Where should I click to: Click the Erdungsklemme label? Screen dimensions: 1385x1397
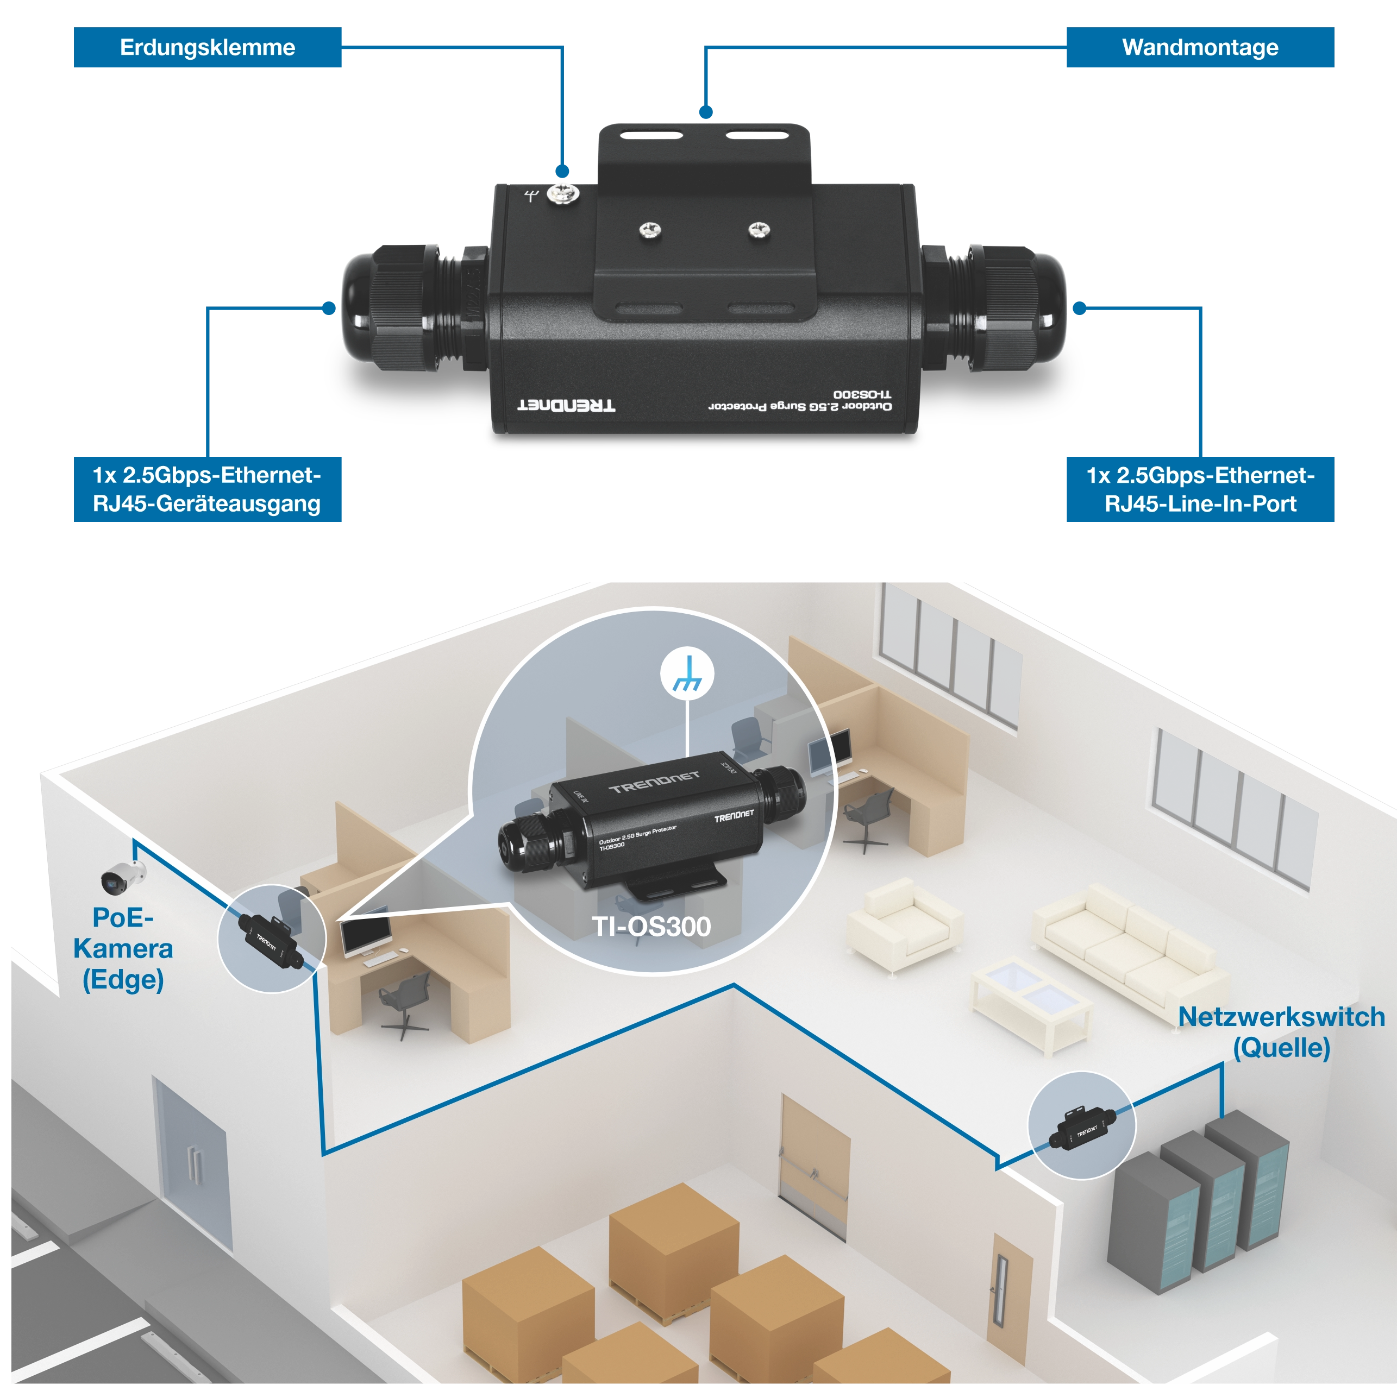pos(208,48)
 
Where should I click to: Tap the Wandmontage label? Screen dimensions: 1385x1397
pos(1200,48)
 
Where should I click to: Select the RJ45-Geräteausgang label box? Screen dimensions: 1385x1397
pos(207,489)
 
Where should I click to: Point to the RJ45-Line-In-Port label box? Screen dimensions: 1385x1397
pos(1200,489)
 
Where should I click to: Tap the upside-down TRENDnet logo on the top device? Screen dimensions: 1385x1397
pos(566,405)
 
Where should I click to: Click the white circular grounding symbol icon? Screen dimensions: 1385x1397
pos(687,673)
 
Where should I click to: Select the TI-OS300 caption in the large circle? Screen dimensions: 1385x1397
pos(651,926)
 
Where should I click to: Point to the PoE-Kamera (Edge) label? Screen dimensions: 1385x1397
pos(123,948)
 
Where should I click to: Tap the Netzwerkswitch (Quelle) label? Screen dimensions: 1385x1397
pos(1281,1031)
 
